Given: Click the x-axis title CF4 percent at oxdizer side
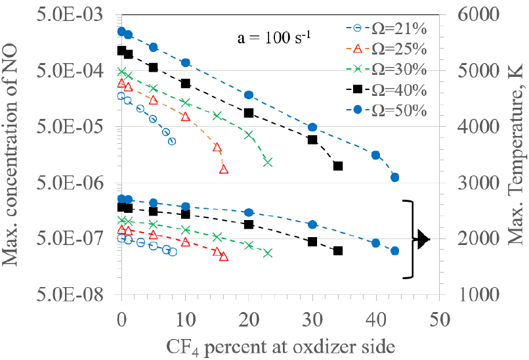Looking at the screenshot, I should coord(279,346).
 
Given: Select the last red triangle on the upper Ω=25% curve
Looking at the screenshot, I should coord(224,169).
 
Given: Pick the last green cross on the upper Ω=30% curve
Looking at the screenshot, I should coord(268,162).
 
